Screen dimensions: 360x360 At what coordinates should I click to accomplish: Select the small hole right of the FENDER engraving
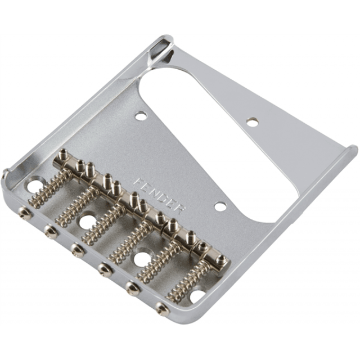(220, 206)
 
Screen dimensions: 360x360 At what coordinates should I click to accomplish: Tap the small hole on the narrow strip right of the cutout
(253, 120)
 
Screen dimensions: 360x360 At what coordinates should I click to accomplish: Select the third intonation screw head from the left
(77, 249)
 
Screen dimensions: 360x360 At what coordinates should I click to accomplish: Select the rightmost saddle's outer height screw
(221, 259)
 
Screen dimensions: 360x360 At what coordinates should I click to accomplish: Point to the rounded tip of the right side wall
(352, 149)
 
